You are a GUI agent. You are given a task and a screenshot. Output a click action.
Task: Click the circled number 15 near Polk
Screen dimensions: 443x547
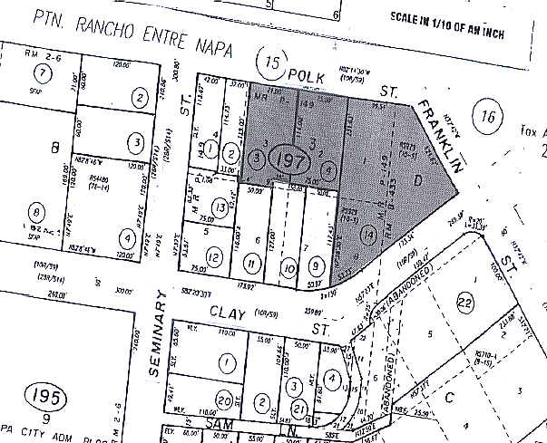[x=272, y=63]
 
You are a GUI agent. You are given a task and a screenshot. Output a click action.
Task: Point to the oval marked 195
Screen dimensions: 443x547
[x=39, y=397]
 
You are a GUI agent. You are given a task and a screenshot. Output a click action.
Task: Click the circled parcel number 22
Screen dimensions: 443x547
[x=465, y=302]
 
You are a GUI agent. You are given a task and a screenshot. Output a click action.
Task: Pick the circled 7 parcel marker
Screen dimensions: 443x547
[x=42, y=72]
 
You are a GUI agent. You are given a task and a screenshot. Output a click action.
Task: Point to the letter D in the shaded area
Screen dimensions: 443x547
[x=418, y=180]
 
